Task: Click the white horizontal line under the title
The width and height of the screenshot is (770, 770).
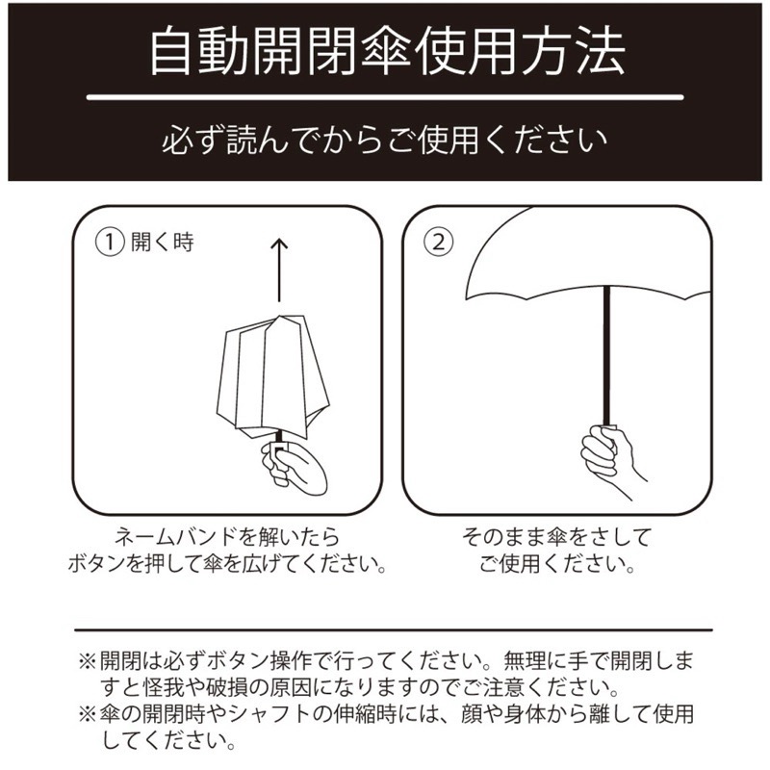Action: (x=385, y=97)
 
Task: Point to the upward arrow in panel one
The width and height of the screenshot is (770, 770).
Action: (x=278, y=269)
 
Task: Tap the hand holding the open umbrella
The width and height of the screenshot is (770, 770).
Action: (x=608, y=452)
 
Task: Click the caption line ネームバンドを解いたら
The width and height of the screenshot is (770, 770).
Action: (x=227, y=536)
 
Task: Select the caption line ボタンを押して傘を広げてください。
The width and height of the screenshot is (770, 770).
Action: (x=227, y=564)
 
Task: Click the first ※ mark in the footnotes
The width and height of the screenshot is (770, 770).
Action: (x=87, y=663)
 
